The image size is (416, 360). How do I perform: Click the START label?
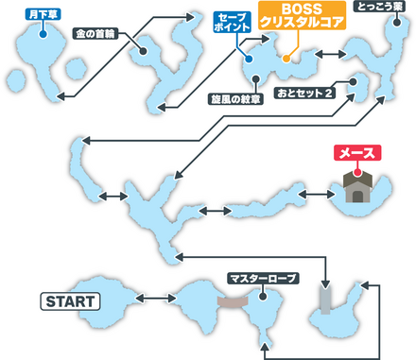(70, 301)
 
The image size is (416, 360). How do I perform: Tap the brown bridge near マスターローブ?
(231, 301)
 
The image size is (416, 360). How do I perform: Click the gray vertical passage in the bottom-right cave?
(324, 299)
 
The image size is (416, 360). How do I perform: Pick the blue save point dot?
(247, 59)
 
